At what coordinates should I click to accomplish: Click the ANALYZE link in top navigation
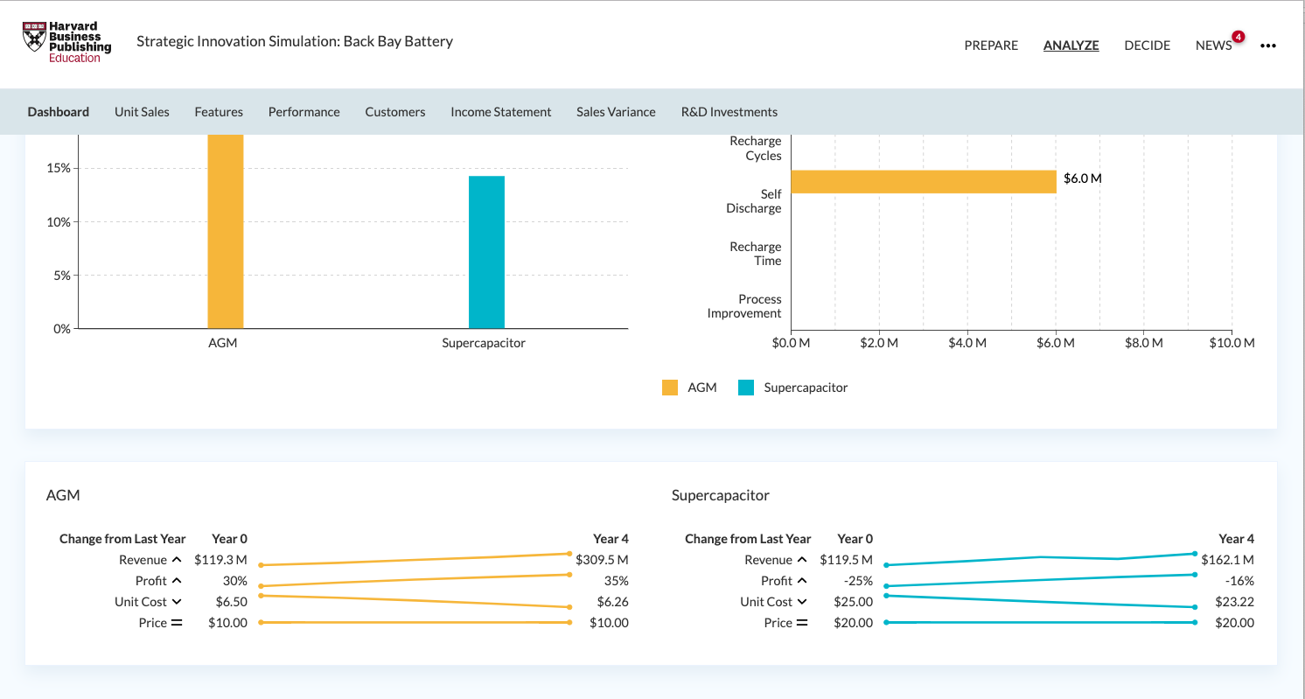(1071, 45)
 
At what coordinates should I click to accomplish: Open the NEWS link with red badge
(1214, 45)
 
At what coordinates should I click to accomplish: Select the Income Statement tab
(500, 112)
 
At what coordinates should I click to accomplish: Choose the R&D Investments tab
(729, 112)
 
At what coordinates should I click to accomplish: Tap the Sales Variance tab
(616, 112)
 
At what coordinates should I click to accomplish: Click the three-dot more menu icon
(1268, 46)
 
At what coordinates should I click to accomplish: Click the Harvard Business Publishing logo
(66, 42)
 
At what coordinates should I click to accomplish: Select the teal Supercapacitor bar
(486, 252)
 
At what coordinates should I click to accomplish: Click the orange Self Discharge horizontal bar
(923, 181)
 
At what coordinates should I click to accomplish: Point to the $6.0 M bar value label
(1082, 178)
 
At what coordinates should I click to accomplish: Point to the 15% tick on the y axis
(58, 168)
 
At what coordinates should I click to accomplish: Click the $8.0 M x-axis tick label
(1143, 343)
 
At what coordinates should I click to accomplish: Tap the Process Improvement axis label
(744, 306)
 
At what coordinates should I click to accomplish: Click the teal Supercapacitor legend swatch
(746, 388)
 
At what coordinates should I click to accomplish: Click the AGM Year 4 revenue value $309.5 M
(602, 560)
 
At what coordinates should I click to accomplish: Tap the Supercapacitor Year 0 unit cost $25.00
(853, 602)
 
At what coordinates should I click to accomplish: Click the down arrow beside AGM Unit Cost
(177, 602)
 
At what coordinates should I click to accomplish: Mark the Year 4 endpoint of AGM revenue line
(569, 554)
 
